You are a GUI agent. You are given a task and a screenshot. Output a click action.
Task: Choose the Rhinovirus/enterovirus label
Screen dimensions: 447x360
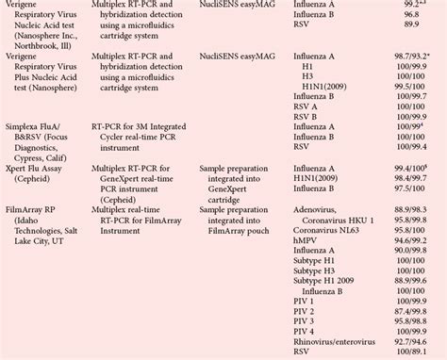(x=337, y=337)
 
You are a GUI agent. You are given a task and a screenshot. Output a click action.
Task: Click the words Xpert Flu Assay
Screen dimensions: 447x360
(x=38, y=166)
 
